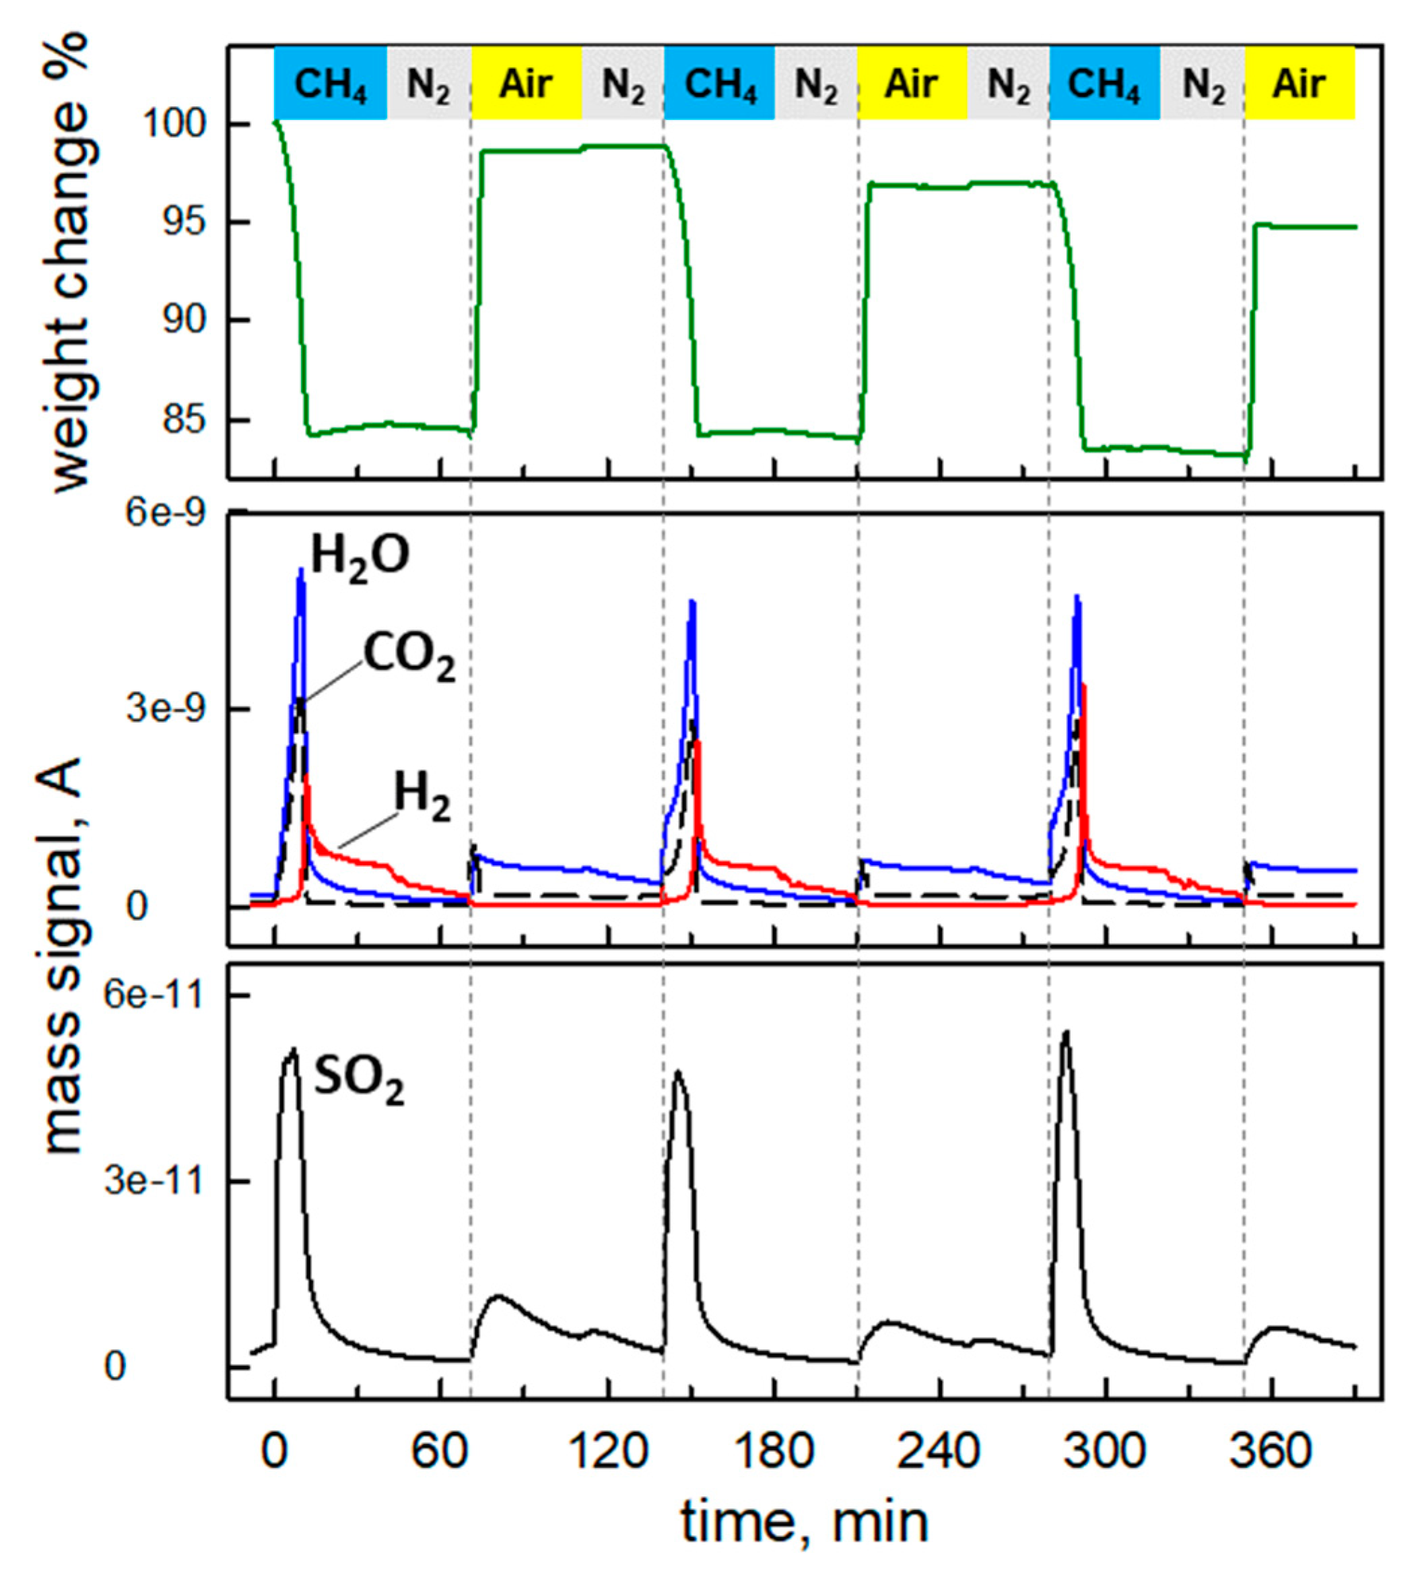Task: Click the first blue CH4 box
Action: [330, 84]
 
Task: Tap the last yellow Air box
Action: [1300, 84]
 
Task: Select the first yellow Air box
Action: [527, 84]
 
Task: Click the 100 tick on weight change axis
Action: [185, 124]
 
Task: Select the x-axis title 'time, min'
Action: [805, 1523]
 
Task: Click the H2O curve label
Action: [360, 557]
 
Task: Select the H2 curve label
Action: [422, 797]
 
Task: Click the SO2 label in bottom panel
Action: [359, 1081]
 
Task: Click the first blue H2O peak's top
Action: [300, 570]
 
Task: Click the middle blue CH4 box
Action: [720, 84]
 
